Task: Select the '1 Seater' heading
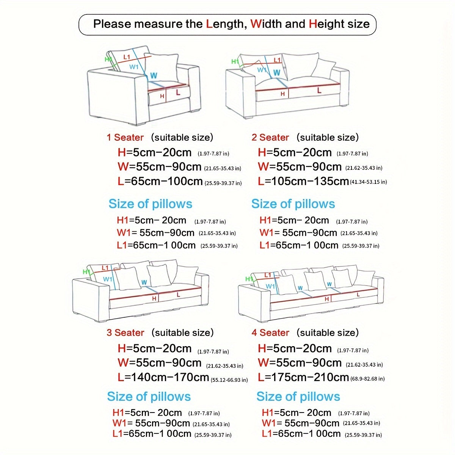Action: pos(125,137)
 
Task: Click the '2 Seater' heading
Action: pos(270,137)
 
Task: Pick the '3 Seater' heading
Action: pos(125,333)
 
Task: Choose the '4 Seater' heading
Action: pos(270,333)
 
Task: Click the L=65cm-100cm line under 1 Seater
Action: pos(160,181)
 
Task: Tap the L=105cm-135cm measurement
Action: pos(303,181)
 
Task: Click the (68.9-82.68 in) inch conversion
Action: pos(367,378)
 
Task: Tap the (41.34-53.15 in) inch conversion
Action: pos(368,182)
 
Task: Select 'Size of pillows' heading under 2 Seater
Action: pos(293,204)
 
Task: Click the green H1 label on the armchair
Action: pos(108,59)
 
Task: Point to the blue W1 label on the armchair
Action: pos(134,67)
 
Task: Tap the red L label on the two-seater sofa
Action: pos(319,90)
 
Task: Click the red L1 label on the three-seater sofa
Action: pos(105,268)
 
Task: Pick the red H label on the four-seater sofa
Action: pos(327,299)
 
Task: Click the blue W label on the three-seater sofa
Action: pos(144,282)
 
